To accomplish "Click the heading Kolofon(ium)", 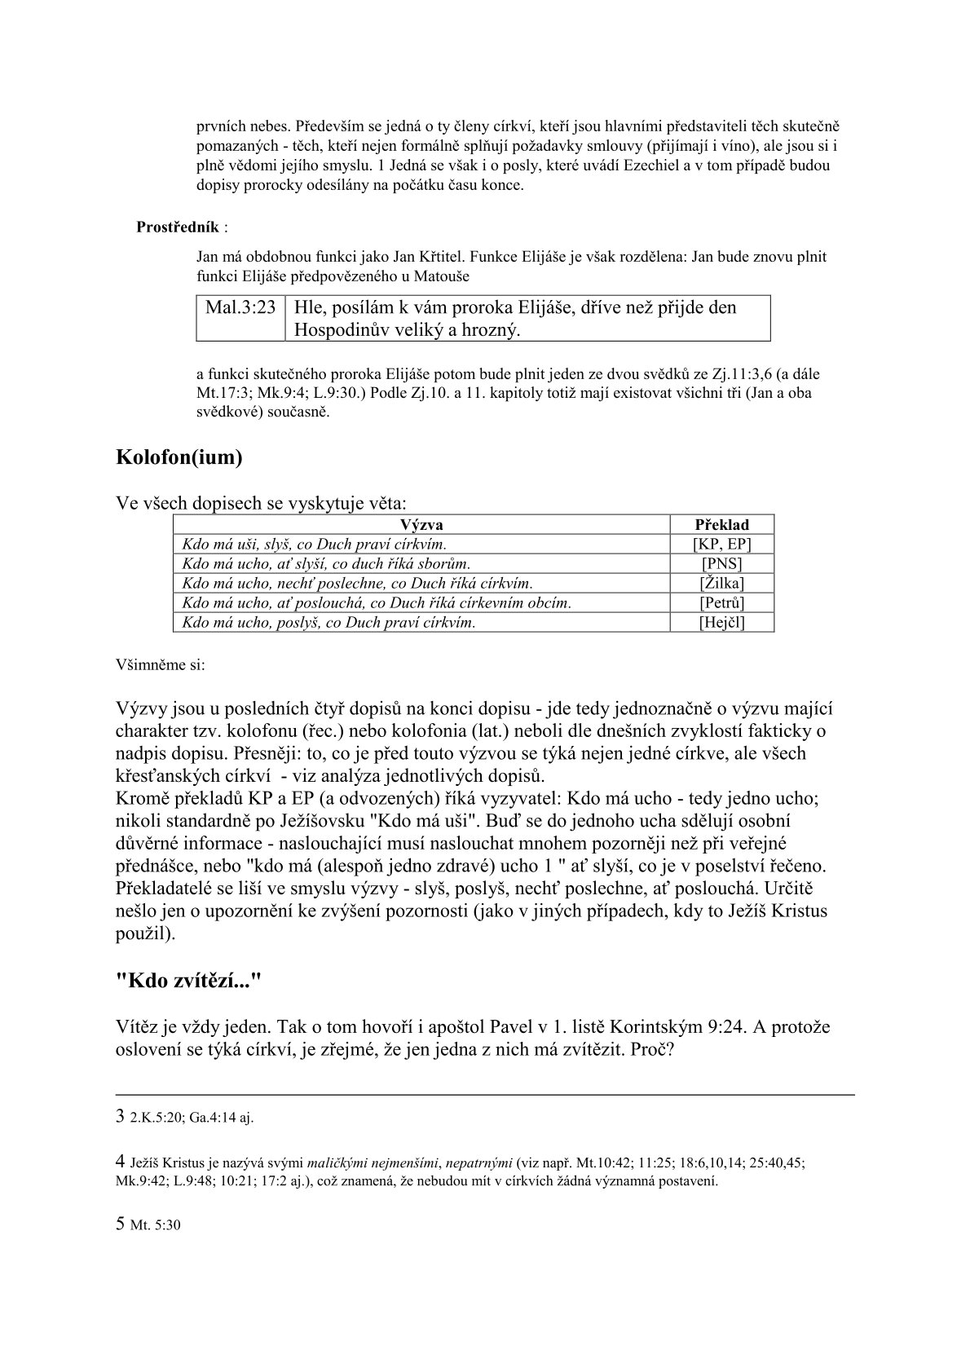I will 179,457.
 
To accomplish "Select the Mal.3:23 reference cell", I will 240,308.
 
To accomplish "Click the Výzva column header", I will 421,525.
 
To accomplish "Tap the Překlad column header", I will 721,525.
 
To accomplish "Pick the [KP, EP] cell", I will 721,545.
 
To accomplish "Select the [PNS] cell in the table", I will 721,564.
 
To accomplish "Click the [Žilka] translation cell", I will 721,584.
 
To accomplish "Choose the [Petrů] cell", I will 721,603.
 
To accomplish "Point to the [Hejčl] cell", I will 721,623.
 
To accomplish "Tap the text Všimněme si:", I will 161,664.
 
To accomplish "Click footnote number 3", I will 121,1116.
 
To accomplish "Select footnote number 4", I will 121,1161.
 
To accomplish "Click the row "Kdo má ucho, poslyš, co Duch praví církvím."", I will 328,623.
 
